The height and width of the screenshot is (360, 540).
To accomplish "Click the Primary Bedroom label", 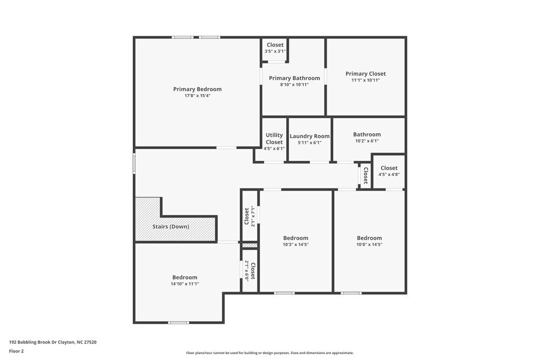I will click(197, 89).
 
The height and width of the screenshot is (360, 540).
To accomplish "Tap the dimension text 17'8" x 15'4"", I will click(197, 96).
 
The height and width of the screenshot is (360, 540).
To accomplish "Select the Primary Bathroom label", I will click(294, 78).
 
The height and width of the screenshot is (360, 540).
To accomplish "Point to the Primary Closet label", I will click(366, 73).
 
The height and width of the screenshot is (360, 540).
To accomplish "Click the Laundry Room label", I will click(309, 136).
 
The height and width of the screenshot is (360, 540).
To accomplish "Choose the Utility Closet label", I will click(274, 139).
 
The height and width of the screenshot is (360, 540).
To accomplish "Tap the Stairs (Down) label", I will click(171, 227).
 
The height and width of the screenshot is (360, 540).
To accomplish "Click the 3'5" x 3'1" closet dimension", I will click(275, 51).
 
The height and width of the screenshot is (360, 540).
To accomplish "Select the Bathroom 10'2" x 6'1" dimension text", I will click(367, 141).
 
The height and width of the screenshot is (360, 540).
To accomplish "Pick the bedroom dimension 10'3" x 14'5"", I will click(296, 244).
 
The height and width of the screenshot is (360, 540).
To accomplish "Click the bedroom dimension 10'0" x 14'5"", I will click(369, 244).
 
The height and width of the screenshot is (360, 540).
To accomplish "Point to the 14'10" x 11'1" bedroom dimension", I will click(185, 284).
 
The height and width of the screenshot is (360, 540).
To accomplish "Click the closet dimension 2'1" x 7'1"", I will click(253, 216).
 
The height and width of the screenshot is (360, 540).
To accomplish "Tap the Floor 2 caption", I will click(16, 351).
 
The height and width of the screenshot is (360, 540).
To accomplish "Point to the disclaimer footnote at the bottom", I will click(270, 353).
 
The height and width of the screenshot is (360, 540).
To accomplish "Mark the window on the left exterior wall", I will click(134, 164).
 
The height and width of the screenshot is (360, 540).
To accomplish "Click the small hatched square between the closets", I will click(249, 246).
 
